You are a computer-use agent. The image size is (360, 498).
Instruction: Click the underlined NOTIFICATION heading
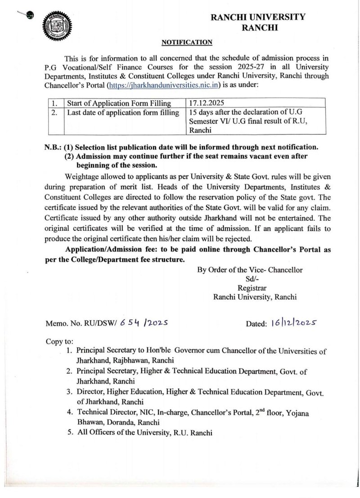pos(187,42)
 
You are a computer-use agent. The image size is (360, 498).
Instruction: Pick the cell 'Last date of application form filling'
pos(123,112)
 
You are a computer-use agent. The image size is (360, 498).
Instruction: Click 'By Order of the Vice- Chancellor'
pos(250,269)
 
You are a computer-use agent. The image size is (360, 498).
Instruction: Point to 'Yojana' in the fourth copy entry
pos(309,413)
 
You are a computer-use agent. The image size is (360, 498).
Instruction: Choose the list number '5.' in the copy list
pos(68,433)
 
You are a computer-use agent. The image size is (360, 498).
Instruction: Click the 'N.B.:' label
pos(54,147)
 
